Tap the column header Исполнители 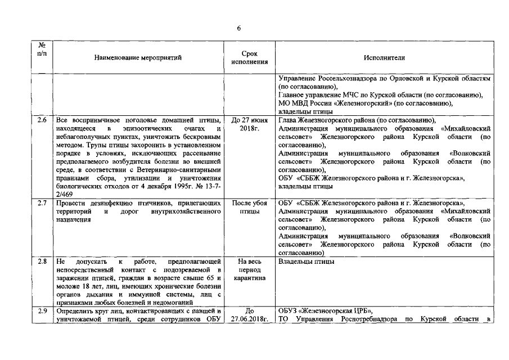point(385,57)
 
